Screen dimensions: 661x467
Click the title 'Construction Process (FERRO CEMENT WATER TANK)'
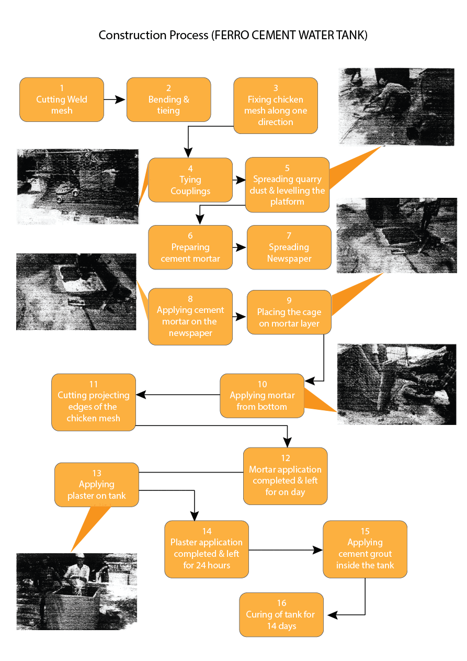click(233, 36)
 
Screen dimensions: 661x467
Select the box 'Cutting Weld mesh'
click(62, 100)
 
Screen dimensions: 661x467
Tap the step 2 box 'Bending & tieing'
click(168, 100)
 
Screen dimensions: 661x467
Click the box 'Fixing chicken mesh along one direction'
click(276, 105)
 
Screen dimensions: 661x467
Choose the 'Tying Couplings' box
click(190, 180)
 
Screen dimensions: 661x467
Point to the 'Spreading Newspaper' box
click(289, 248)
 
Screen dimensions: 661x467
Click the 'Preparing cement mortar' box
click(190, 248)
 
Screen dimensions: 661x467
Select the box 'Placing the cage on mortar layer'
click(289, 312)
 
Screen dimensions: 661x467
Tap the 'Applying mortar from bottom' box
click(261, 396)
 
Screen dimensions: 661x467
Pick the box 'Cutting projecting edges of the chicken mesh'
click(94, 402)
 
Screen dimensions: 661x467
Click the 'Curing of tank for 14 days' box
click(281, 614)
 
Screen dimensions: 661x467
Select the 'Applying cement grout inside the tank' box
click(365, 549)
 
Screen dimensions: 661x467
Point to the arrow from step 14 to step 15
click(286, 550)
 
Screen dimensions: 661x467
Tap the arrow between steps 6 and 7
click(240, 248)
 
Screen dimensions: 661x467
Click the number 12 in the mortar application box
click(285, 458)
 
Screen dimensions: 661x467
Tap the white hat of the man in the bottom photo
click(80, 556)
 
